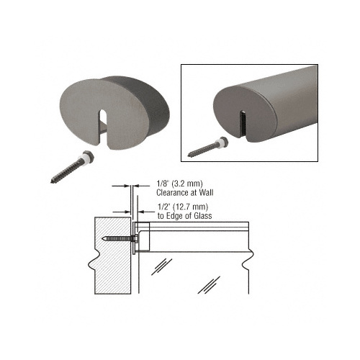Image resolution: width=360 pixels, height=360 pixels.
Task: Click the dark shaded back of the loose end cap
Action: (152, 101)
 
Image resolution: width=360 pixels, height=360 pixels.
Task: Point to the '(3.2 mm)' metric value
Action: (184, 184)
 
